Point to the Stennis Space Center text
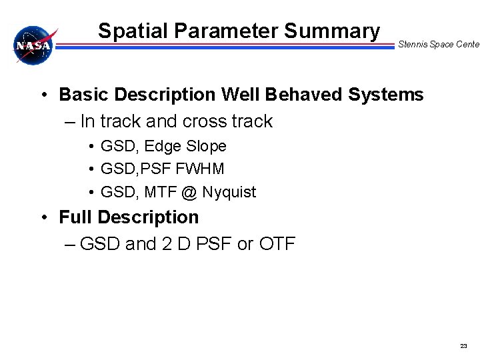click(438, 45)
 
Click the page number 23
click(464, 346)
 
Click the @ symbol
click(189, 193)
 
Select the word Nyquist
click(229, 193)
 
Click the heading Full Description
click(129, 217)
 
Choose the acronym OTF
click(276, 244)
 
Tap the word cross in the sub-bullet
click(205, 121)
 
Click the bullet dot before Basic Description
click(43, 95)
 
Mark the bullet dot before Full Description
click(43, 218)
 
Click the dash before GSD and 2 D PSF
click(71, 245)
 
